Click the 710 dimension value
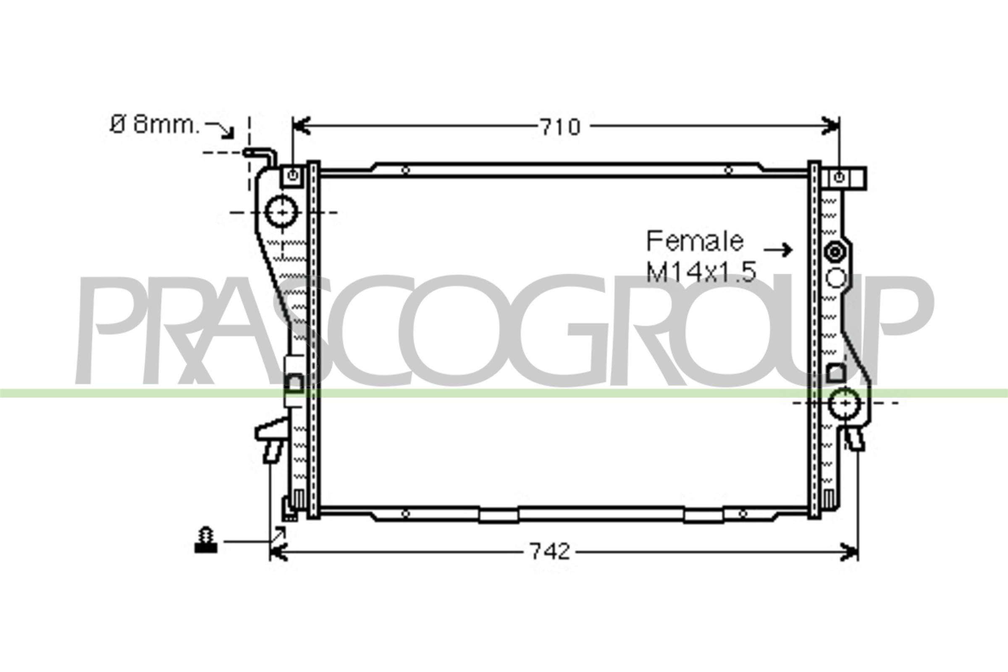coord(560,127)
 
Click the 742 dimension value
coord(550,551)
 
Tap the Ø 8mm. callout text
coord(155,125)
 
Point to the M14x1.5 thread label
coord(701,272)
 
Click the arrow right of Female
coord(778,249)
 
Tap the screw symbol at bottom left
coord(206,540)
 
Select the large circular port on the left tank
coord(281,212)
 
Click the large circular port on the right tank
coord(845,403)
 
